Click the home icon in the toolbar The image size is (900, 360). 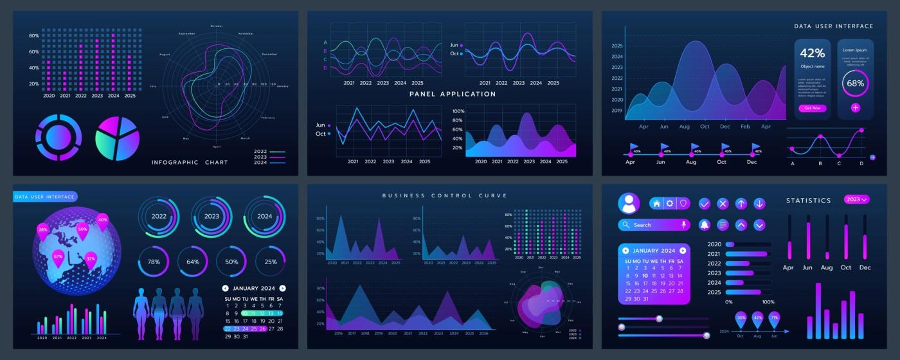(x=656, y=203)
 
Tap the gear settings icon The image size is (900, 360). (x=670, y=203)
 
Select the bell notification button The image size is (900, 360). (x=705, y=225)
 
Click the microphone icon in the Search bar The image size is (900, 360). (x=684, y=225)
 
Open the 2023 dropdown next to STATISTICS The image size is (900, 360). (x=856, y=199)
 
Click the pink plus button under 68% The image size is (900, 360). (x=856, y=108)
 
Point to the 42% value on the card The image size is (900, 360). (x=812, y=53)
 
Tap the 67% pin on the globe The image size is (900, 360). (x=58, y=257)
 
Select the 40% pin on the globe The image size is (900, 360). (x=102, y=221)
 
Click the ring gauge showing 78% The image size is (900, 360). (x=154, y=262)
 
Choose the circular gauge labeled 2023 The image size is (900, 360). (x=212, y=217)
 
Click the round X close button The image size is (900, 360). (x=723, y=204)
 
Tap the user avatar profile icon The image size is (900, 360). (x=629, y=203)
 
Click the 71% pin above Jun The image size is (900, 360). (x=774, y=318)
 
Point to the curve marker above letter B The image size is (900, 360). (x=820, y=136)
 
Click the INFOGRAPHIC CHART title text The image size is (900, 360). (x=190, y=163)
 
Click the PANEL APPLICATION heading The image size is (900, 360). (x=453, y=94)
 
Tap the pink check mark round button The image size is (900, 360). (x=705, y=204)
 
